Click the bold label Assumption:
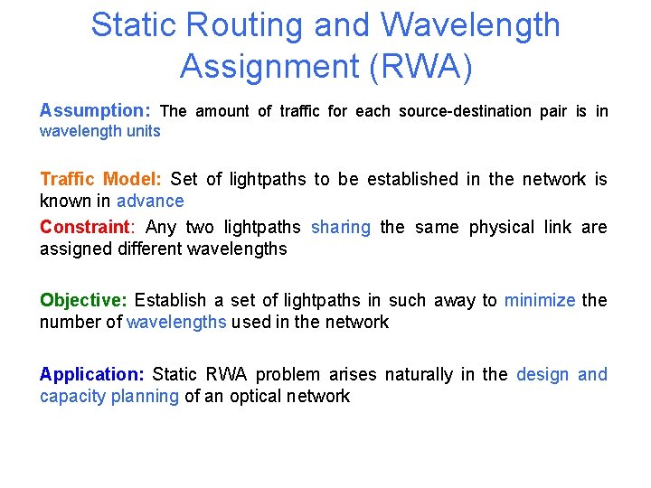[94, 111]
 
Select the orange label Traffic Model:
[100, 179]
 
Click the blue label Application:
[91, 374]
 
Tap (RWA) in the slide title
[422, 65]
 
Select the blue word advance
[150, 201]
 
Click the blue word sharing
[340, 227]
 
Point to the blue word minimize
[539, 300]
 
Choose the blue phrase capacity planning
[108, 396]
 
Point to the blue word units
[144, 131]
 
